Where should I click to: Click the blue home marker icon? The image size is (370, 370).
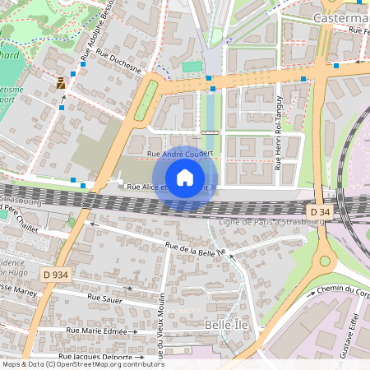[x=185, y=178]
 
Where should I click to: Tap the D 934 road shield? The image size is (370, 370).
[x=56, y=274]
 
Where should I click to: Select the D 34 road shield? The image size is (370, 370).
[x=323, y=212]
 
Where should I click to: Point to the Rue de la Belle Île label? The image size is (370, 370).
[x=195, y=250]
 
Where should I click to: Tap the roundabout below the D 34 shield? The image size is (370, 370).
[x=324, y=261]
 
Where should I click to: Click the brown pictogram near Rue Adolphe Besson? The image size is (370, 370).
[x=62, y=82]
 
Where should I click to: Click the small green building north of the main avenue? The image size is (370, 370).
[x=192, y=66]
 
